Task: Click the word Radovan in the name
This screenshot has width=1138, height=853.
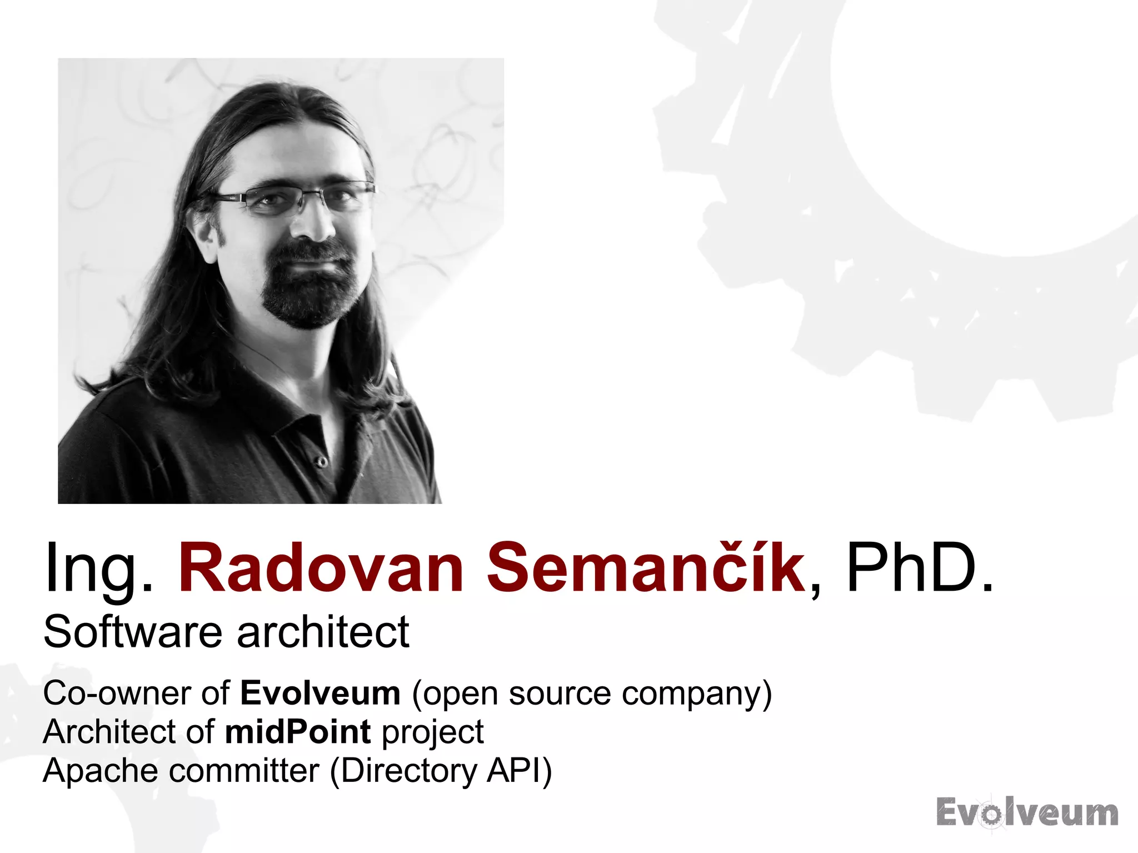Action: [321, 568]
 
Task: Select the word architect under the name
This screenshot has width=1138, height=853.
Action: [323, 632]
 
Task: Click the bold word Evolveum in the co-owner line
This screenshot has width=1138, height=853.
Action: [320, 693]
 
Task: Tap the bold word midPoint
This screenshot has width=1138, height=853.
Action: [298, 732]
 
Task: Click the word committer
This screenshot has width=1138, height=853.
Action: [244, 771]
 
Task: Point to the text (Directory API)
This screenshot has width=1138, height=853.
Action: [441, 771]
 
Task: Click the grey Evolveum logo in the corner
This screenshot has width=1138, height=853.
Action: [1027, 812]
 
